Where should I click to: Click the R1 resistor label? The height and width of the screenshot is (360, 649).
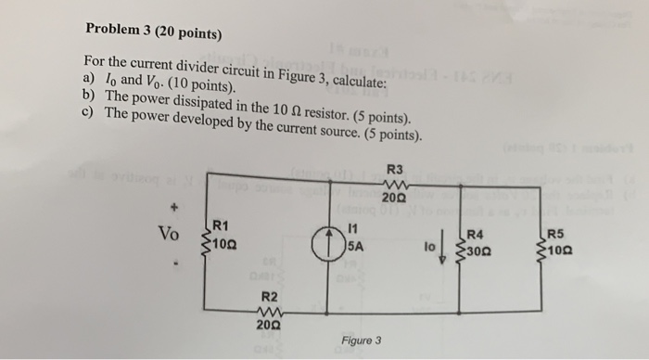[x=221, y=224]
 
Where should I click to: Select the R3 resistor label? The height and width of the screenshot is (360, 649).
[x=393, y=171]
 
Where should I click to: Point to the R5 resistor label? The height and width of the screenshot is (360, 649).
[x=554, y=235]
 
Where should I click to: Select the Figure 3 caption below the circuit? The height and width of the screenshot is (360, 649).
[x=361, y=341]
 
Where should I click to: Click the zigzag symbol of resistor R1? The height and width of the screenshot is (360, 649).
[x=206, y=243]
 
